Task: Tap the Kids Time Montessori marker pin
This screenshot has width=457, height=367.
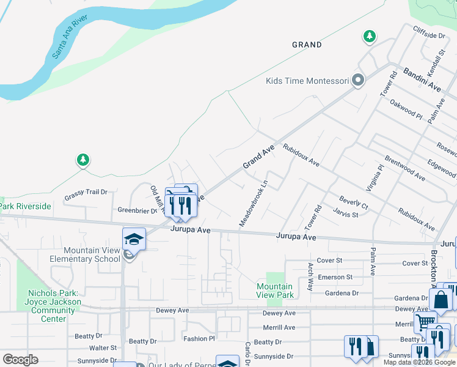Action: (358, 81)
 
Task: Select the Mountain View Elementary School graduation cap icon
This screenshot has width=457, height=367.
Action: (134, 239)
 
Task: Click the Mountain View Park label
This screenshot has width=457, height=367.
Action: (274, 291)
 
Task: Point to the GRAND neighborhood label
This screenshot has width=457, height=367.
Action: (307, 45)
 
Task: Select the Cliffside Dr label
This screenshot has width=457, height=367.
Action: (429, 36)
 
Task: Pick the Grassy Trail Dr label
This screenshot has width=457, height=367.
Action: (86, 192)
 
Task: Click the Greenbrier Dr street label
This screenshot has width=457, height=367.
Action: (137, 210)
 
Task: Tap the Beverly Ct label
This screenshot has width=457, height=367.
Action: (354, 202)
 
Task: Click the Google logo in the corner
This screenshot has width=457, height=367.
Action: (20, 360)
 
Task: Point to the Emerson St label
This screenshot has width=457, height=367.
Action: (336, 277)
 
